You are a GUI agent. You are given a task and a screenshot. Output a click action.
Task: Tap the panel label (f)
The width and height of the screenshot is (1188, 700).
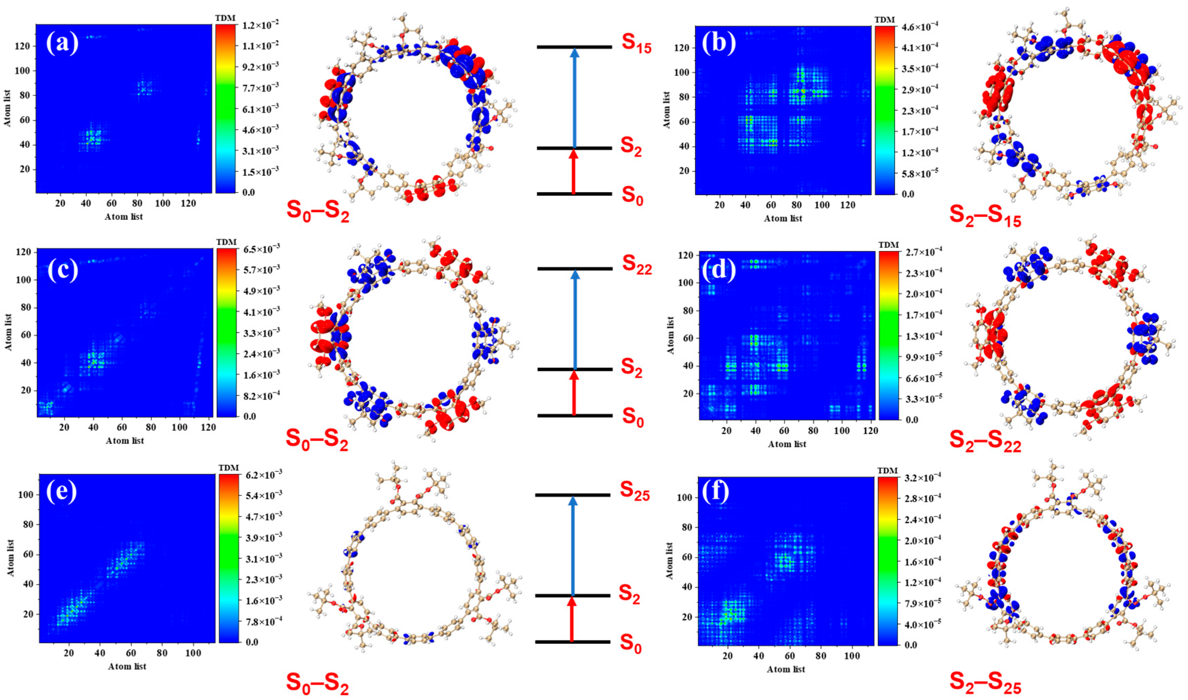pyautogui.click(x=715, y=492)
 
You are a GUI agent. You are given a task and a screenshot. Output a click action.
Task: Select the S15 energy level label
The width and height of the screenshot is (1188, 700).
pyautogui.click(x=636, y=43)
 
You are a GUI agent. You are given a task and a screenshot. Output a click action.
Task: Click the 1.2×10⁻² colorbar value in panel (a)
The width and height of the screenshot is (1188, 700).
pyautogui.click(x=258, y=25)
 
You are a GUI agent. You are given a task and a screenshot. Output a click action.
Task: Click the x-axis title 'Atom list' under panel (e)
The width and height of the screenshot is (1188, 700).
pyautogui.click(x=127, y=666)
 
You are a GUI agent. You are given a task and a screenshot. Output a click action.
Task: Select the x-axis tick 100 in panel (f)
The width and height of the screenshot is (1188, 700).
pyautogui.click(x=852, y=656)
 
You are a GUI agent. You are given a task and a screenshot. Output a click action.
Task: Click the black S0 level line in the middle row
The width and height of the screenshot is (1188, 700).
pyautogui.click(x=574, y=416)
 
